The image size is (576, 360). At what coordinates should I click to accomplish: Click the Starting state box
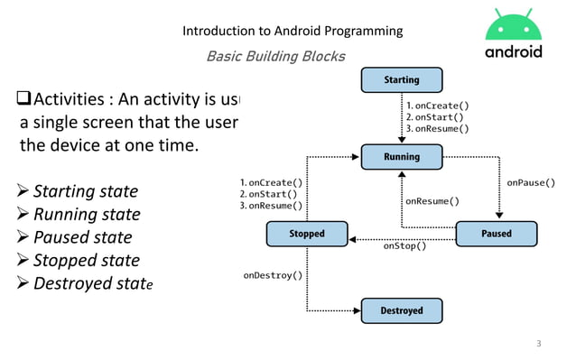(401, 80)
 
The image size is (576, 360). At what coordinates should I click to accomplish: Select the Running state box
(401, 157)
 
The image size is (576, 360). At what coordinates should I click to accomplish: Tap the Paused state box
(496, 234)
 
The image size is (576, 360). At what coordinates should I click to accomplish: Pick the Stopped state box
(307, 234)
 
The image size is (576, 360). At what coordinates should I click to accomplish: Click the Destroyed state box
(401, 310)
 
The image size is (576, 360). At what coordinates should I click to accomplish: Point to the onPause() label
(531, 183)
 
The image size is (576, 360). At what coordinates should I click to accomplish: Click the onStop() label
(404, 245)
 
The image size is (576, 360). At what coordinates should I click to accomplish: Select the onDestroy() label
(273, 275)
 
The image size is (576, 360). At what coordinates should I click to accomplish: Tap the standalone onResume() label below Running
(432, 201)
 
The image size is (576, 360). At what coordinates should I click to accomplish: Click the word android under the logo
(514, 51)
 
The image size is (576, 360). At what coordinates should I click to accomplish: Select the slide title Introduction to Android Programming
(293, 32)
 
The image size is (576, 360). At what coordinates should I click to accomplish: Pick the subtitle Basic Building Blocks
(275, 57)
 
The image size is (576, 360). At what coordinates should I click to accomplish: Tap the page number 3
(539, 343)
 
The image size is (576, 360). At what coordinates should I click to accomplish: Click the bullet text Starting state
(86, 191)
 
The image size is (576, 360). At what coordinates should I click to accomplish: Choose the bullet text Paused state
(82, 237)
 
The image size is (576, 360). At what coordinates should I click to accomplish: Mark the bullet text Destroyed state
(93, 284)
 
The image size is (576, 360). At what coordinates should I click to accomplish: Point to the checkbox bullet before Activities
(24, 98)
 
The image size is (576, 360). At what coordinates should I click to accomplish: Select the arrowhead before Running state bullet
(23, 215)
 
